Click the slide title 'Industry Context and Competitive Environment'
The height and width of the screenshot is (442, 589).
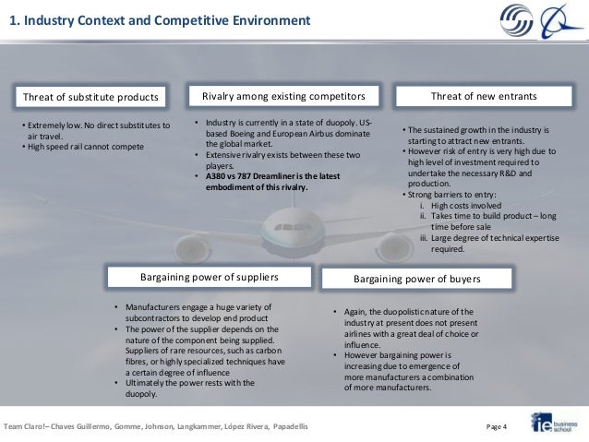coord(160,20)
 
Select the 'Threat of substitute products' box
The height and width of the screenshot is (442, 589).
coord(89,97)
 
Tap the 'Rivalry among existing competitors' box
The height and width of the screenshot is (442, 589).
coord(283,96)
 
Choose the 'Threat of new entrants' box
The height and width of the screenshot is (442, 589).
coord(484,96)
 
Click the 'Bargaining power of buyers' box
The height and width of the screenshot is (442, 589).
coord(417,277)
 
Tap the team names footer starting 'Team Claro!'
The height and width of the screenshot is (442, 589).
coord(157,426)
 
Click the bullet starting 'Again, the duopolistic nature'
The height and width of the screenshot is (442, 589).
coord(406,311)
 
